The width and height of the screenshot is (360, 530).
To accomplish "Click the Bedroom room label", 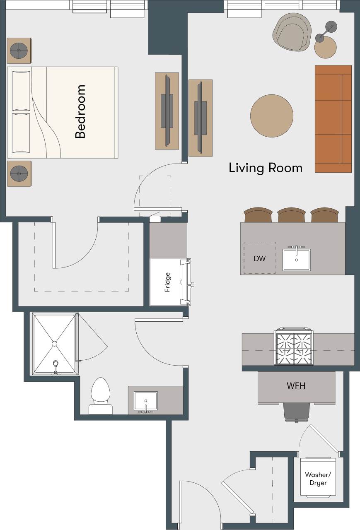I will [80, 111].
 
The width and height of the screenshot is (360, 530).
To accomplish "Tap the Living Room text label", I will [266, 168].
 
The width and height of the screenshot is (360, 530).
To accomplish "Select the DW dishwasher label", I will [259, 258].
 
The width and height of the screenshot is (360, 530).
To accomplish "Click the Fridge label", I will [168, 282].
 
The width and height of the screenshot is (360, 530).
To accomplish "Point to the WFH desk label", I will [296, 386].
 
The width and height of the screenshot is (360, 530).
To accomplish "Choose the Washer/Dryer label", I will [316, 479].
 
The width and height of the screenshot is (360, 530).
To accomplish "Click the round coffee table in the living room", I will [272, 116].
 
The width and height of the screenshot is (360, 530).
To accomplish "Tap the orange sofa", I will [333, 119].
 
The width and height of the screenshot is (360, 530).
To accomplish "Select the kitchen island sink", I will [297, 260].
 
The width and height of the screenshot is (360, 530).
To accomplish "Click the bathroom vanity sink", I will [145, 401].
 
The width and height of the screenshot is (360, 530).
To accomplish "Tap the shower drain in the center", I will [54, 344].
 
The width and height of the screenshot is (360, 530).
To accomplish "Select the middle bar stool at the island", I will [292, 216].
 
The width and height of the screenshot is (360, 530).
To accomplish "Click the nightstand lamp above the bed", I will [19, 51].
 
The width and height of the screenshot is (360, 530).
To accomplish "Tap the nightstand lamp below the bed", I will [19, 173].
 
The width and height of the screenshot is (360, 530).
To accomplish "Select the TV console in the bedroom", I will [167, 111].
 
